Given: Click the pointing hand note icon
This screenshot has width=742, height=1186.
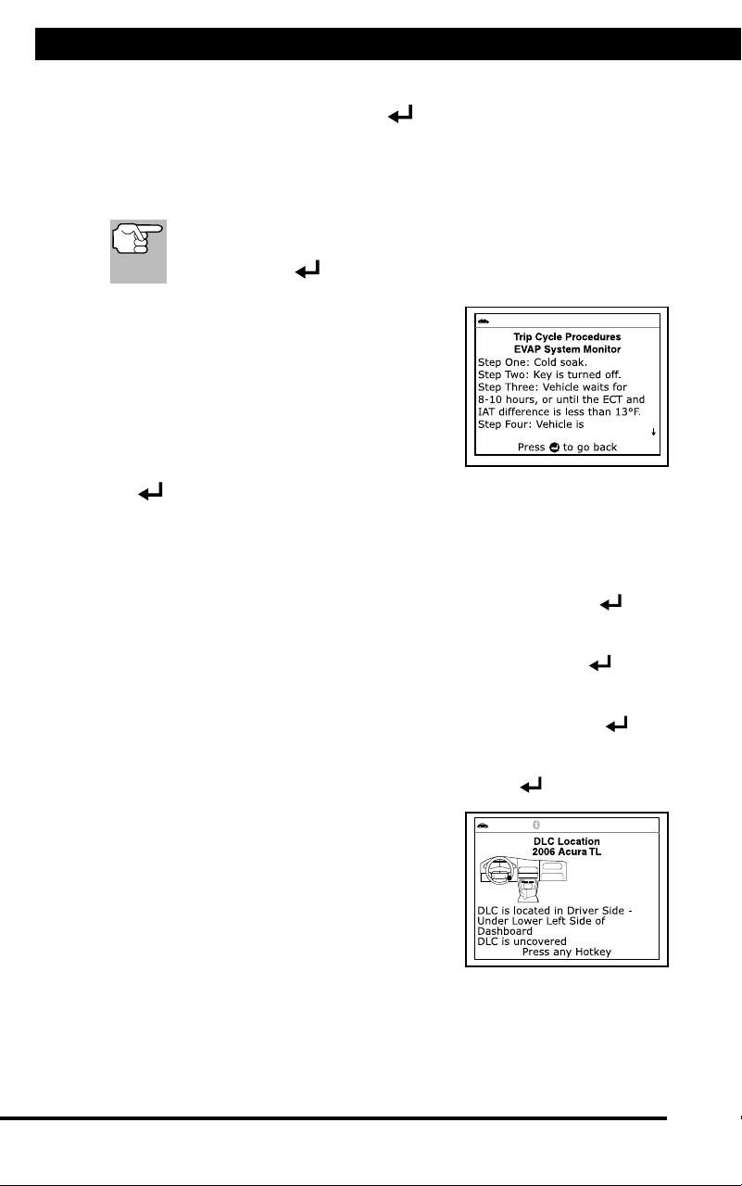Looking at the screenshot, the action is [138, 251].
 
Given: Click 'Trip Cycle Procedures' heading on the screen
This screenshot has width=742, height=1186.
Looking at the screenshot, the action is [567, 336].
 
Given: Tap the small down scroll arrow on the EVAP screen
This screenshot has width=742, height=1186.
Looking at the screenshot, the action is [654, 432].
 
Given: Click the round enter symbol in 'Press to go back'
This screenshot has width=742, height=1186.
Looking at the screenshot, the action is [554, 448].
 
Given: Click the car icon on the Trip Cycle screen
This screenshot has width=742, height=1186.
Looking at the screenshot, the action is [484, 322].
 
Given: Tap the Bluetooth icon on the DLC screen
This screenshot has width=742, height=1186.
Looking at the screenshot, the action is [536, 825].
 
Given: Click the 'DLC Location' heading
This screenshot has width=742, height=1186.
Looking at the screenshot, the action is [566, 841].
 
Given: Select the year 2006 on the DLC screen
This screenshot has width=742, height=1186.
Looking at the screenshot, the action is [544, 852].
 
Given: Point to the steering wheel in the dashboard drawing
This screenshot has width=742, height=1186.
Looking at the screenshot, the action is [498, 871].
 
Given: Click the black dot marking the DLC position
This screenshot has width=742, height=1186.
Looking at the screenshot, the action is [509, 877].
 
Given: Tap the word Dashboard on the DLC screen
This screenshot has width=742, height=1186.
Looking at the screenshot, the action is [504, 931].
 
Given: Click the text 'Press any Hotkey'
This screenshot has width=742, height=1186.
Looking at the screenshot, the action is [566, 952].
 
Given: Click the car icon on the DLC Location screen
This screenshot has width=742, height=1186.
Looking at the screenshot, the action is [483, 826].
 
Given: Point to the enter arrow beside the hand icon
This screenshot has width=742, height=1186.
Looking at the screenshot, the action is [308, 270].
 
